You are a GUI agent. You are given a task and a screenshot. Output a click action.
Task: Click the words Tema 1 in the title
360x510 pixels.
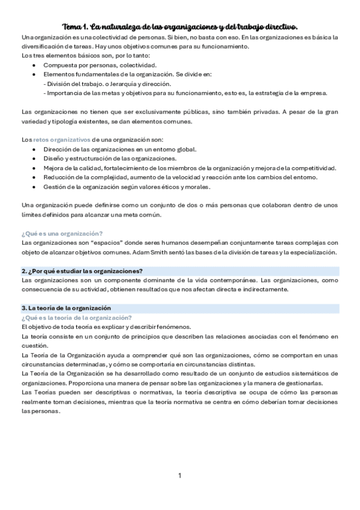click(75, 27)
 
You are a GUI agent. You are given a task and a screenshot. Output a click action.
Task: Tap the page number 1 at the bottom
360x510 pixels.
click(180, 476)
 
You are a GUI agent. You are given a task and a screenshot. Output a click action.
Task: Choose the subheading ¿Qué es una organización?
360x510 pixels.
click(62, 233)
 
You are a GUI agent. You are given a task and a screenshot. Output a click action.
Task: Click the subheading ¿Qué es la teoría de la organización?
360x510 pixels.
click(76, 318)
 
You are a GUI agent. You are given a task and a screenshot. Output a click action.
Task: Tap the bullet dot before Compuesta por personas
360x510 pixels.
click(34, 65)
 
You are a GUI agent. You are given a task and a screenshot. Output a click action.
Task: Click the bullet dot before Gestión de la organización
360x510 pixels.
click(34, 186)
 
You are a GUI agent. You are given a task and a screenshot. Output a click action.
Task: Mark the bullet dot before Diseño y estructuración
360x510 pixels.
click(34, 159)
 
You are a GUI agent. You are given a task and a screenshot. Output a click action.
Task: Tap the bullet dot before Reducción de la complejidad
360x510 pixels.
click(34, 177)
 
